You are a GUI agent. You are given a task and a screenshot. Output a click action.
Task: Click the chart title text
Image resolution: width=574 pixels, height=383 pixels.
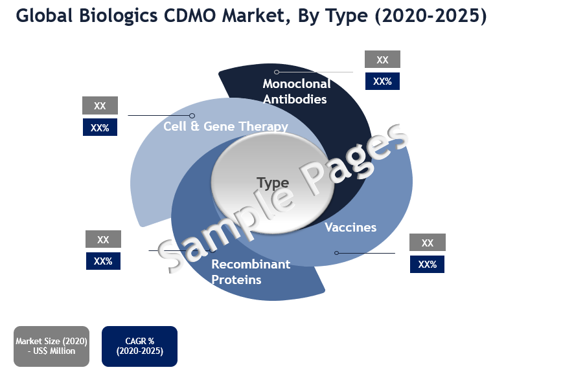(251, 16)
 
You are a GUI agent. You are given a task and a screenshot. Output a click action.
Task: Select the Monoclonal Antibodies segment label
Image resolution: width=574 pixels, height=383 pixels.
(297, 91)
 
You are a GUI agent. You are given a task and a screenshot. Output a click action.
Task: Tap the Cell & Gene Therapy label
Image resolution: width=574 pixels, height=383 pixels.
(225, 126)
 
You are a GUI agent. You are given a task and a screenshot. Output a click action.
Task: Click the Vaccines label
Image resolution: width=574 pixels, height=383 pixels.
(350, 227)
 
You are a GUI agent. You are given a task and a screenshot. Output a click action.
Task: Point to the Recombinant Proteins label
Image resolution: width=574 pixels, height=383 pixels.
(251, 272)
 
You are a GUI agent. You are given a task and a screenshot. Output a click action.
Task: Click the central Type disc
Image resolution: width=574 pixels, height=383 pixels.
(272, 182)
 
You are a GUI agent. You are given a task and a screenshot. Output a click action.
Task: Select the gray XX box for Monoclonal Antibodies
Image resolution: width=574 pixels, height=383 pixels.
(382, 60)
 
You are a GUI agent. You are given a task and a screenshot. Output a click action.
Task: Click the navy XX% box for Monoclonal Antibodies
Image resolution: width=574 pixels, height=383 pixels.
(382, 81)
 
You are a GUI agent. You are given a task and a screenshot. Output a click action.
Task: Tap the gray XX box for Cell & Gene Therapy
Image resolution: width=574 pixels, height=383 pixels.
(100, 105)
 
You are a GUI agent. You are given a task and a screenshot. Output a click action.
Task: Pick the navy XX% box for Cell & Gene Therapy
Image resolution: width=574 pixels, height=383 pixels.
(100, 127)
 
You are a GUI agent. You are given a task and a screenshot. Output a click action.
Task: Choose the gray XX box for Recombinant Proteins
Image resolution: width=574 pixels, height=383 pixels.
(103, 239)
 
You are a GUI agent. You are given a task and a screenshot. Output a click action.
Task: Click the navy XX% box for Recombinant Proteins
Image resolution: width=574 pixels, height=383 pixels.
(103, 261)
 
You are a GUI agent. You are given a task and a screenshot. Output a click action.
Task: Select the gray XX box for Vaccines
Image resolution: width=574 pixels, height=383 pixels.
(427, 243)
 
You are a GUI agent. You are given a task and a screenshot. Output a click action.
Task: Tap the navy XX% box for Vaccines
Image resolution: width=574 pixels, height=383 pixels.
(427, 264)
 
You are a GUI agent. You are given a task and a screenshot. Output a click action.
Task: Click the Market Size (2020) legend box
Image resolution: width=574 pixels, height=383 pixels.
(52, 346)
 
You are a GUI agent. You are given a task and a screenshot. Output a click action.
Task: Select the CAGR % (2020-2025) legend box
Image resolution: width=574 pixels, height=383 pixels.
(139, 346)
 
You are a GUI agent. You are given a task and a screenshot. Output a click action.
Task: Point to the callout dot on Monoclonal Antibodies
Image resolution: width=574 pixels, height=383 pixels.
(277, 72)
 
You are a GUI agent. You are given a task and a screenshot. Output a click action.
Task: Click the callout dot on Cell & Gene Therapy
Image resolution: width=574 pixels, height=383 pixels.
(192, 116)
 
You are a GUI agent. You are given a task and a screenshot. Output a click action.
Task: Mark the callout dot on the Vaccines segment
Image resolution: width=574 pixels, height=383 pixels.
(336, 252)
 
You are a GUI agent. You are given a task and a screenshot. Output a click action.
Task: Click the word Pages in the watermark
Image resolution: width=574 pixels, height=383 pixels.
(353, 161)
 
